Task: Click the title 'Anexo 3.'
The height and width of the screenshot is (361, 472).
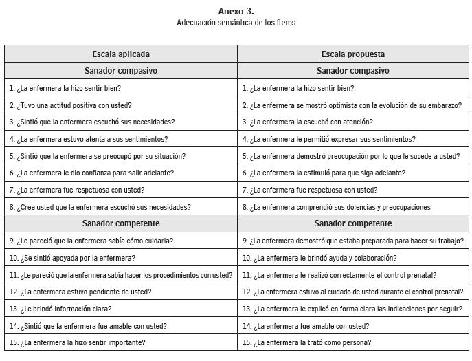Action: tap(236, 11)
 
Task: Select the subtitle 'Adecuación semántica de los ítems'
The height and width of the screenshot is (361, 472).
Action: tap(236, 23)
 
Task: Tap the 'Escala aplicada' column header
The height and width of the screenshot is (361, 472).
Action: tap(121, 54)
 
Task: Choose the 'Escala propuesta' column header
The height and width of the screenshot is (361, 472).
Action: tap(352, 54)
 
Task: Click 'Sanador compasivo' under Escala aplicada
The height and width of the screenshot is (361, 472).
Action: tap(121, 71)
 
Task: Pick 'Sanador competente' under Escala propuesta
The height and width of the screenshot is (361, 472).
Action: tap(352, 223)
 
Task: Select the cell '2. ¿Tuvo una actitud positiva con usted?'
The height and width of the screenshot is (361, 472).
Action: tap(70, 105)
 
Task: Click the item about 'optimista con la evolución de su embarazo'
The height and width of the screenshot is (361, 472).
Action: tap(352, 105)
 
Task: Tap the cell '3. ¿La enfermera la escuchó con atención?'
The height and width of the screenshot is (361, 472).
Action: tap(307, 122)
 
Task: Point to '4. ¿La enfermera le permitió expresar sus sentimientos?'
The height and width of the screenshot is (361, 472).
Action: tap(328, 139)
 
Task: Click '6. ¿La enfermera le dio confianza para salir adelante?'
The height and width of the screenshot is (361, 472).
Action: tap(91, 173)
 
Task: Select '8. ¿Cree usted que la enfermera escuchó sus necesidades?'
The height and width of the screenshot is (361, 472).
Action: tap(100, 207)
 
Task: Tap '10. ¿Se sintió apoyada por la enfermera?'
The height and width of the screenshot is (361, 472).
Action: tap(72, 258)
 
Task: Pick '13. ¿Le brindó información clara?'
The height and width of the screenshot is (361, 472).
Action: tap(60, 309)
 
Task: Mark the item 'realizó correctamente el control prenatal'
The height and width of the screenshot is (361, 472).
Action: tap(341, 275)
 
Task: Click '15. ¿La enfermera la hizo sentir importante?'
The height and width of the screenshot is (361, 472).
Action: tap(77, 342)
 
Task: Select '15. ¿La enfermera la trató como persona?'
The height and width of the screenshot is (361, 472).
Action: tap(306, 342)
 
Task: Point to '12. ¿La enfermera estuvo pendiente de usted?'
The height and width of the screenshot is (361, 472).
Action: tap(80, 292)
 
